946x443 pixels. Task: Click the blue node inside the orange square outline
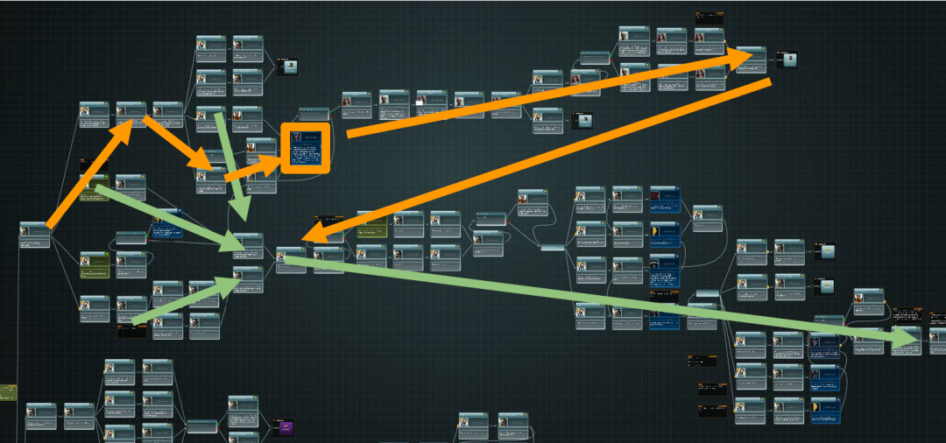(305, 148)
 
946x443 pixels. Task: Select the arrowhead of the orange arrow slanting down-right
(211, 166)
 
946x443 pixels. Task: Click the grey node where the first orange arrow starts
(35, 235)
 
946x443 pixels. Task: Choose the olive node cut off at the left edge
(7, 392)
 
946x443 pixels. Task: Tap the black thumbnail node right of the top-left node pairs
(288, 67)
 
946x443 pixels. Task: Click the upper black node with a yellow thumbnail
(827, 251)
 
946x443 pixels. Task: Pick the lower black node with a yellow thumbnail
(827, 285)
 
